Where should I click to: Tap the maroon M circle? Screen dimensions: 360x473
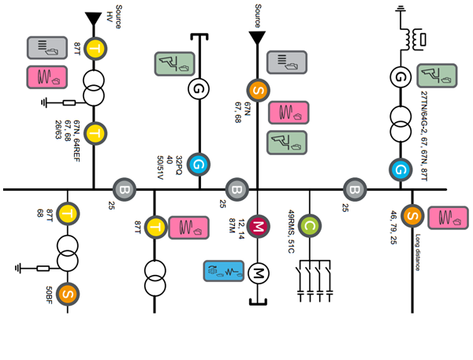(258, 227)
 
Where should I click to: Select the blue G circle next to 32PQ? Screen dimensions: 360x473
(199, 165)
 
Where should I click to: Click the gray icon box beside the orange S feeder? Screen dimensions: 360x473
(286, 61)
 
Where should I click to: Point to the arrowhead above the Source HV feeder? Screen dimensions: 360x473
(93, 17)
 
